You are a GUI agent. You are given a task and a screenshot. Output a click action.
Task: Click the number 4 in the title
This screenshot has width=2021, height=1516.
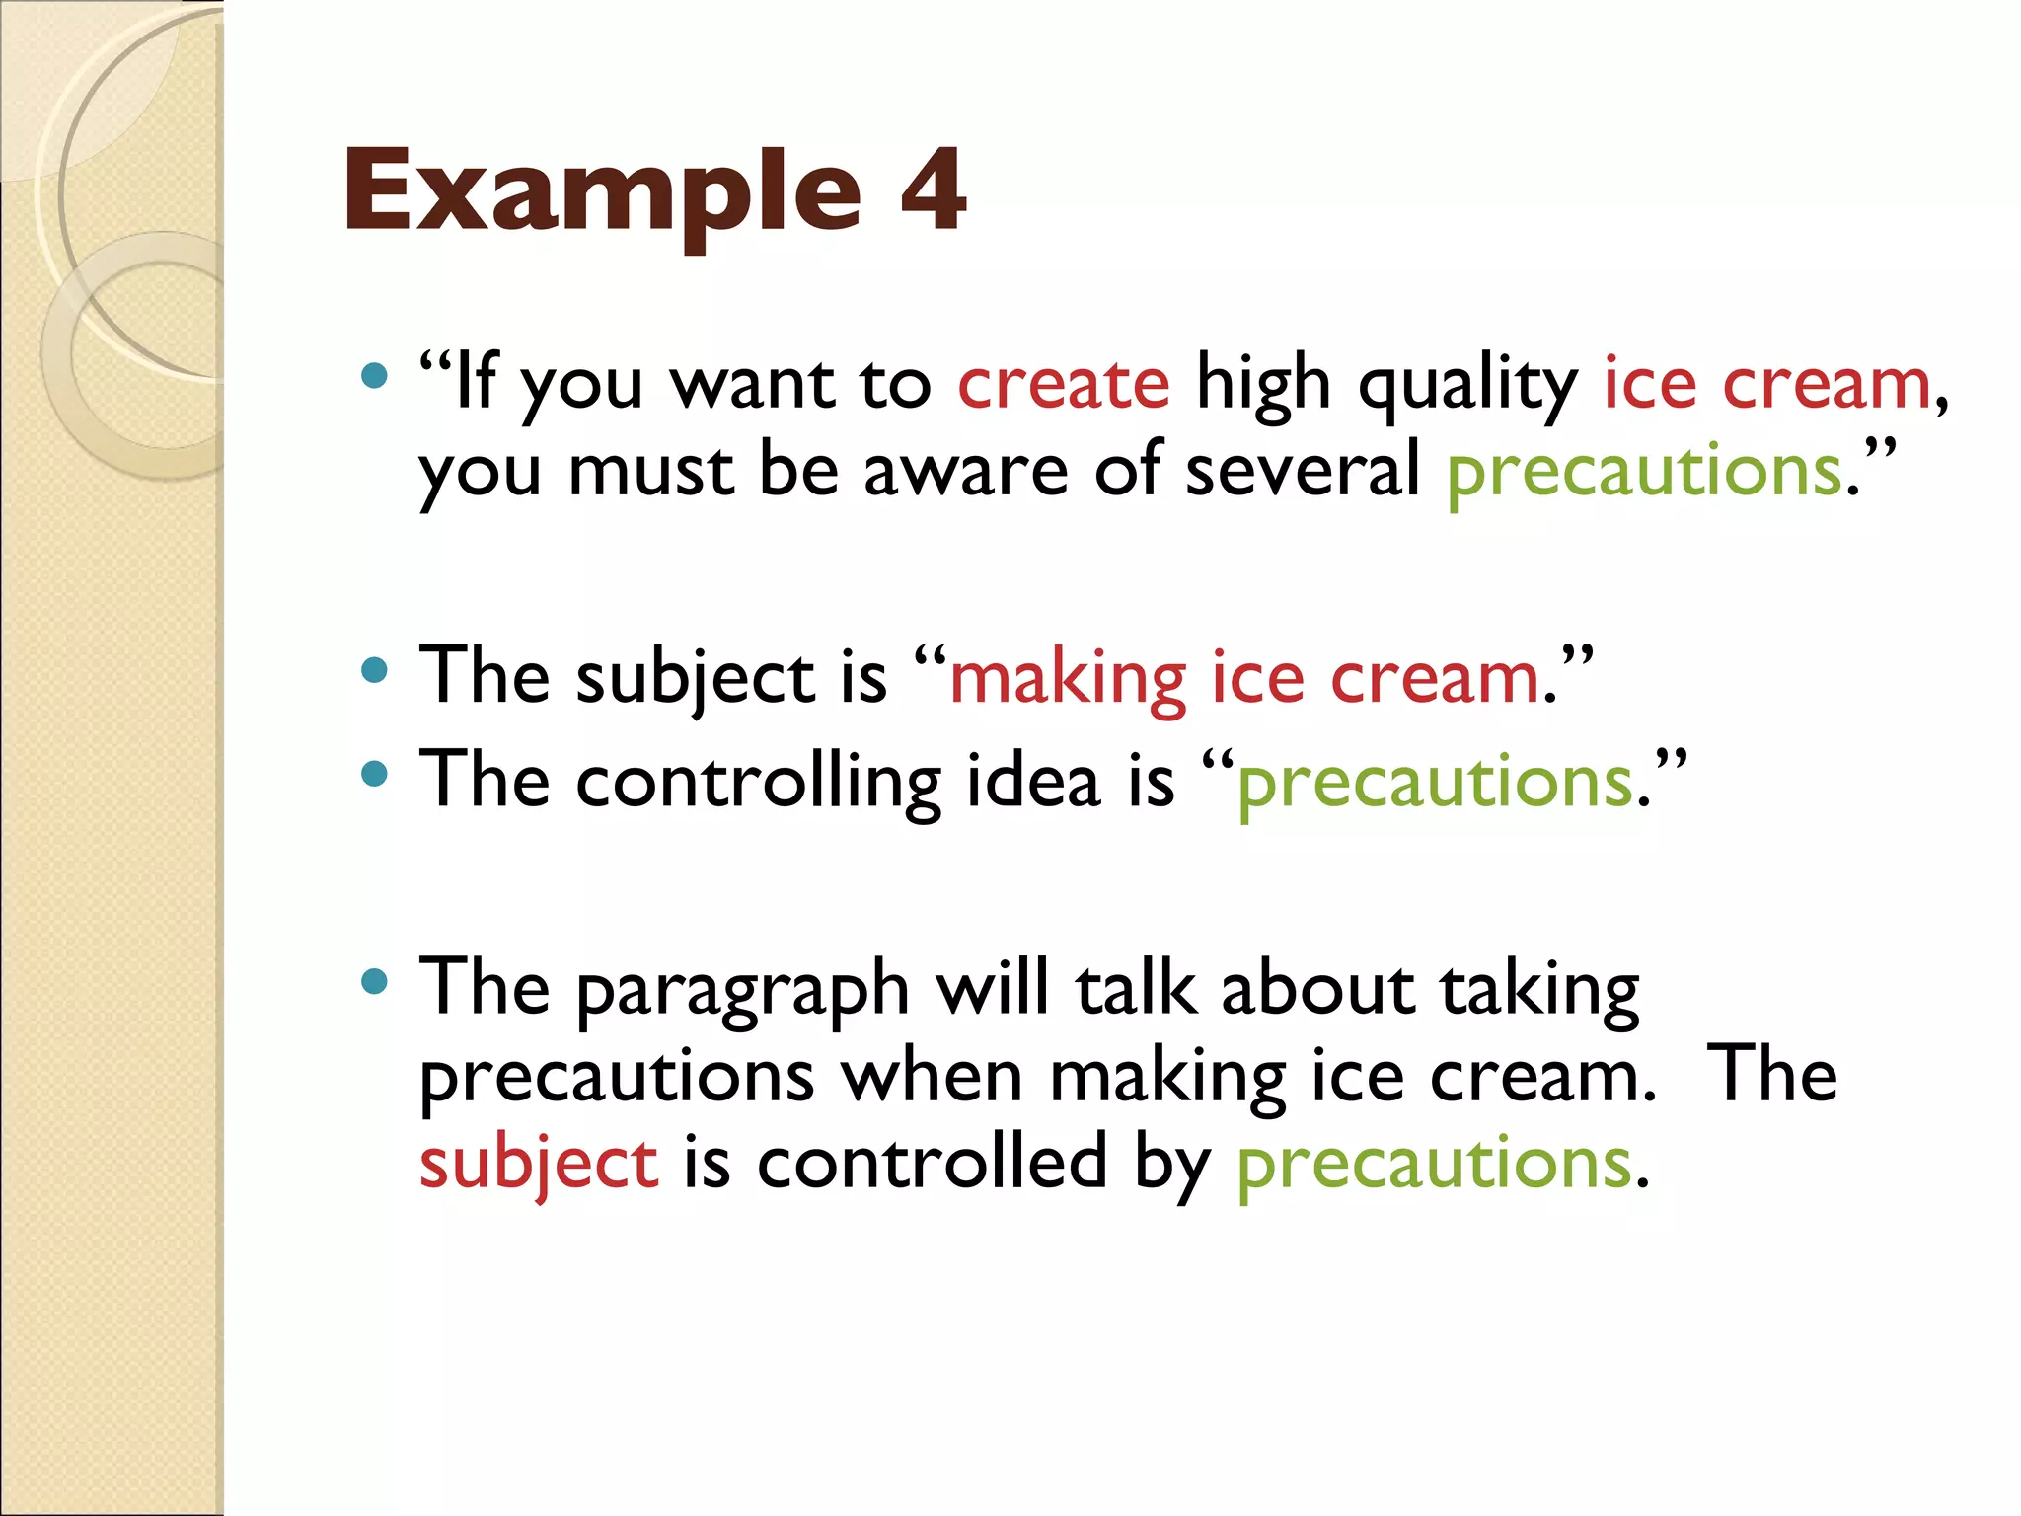point(933,189)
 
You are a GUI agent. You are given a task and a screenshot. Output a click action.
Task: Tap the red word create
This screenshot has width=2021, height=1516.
point(1063,384)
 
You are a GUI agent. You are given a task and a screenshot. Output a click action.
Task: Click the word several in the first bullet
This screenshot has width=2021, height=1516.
point(1302,470)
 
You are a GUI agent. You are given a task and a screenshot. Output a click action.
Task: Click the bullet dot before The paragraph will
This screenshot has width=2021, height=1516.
point(374,981)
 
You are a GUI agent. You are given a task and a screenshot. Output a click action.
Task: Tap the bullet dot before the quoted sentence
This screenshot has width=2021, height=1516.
point(374,375)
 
